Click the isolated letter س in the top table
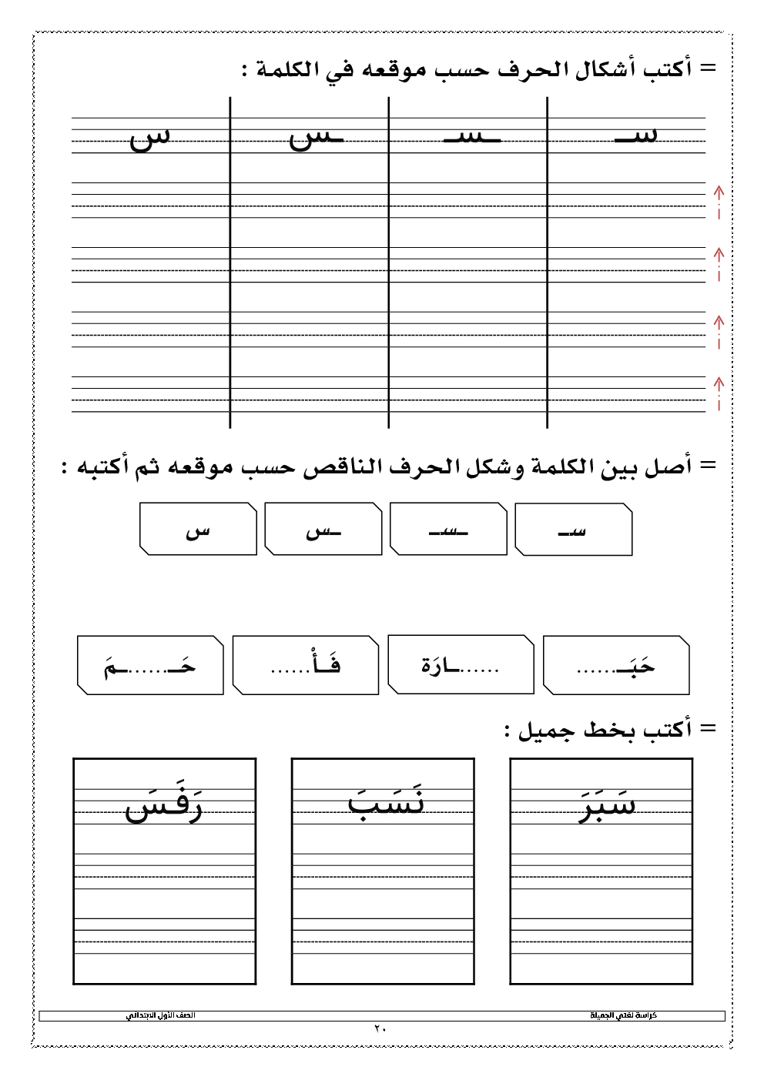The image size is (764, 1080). click(x=149, y=139)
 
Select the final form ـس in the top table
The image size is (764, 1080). click(x=315, y=139)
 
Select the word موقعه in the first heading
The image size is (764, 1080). click(x=394, y=69)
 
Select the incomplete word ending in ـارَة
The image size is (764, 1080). click(x=460, y=666)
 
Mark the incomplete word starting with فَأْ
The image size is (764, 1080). click(x=306, y=664)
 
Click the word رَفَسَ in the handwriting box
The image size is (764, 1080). click(x=164, y=805)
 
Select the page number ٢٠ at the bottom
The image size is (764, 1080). click(x=380, y=1029)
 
